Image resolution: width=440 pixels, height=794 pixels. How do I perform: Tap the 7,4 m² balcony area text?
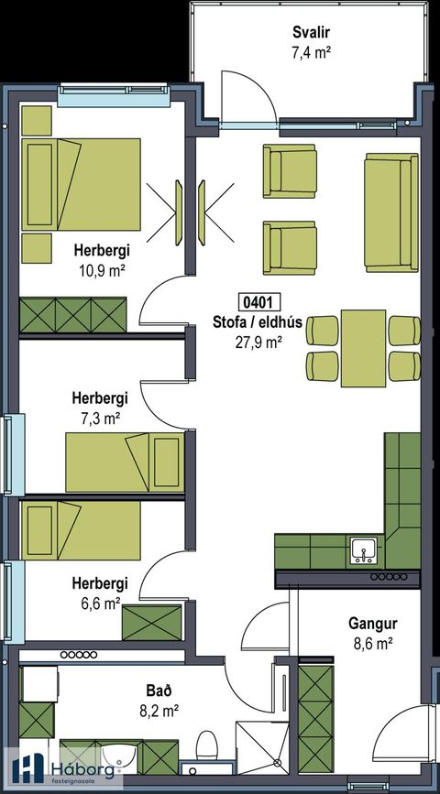click(x=310, y=52)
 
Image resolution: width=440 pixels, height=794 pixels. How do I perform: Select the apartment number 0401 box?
click(x=258, y=301)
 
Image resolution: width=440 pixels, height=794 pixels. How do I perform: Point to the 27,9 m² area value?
click(x=258, y=341)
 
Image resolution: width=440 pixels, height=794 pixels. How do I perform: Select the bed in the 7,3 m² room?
click(x=126, y=462)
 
